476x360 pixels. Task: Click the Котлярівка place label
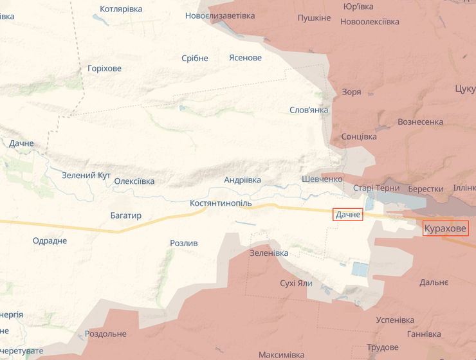[122, 9]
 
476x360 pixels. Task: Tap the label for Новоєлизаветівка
[220, 15]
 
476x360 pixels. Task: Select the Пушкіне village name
[314, 17]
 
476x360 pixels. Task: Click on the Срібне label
[195, 59]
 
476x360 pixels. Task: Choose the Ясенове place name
[245, 58]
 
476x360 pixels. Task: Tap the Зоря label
[351, 92]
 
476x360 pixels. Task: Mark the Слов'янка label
[309, 110]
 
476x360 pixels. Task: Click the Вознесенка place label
[420, 122]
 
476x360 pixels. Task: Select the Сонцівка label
[359, 137]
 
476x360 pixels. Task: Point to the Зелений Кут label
[86, 175]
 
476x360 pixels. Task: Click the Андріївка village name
[243, 181]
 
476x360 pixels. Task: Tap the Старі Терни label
[376, 188]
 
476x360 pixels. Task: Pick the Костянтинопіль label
[221, 203]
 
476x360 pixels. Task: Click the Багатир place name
[125, 216]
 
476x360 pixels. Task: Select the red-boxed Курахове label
[445, 228]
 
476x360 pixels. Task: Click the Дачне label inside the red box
[348, 215]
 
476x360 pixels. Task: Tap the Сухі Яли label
[296, 283]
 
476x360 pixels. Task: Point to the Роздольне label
[105, 334]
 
